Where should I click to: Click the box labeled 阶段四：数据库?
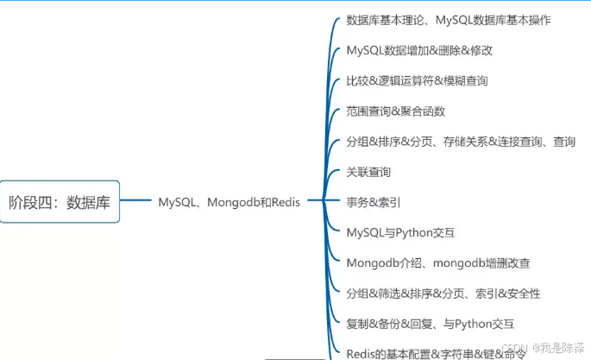pyautogui.click(x=60, y=203)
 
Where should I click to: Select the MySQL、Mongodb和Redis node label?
pyautogui.click(x=229, y=203)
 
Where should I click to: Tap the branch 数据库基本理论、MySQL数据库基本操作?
pyautogui.click(x=448, y=19)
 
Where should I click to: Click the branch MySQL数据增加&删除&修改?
pyautogui.click(x=419, y=50)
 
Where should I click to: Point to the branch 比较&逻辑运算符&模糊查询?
pyautogui.click(x=417, y=80)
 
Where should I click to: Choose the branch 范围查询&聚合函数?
pyautogui.click(x=395, y=111)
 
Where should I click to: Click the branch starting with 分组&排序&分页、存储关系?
pyautogui.click(x=460, y=142)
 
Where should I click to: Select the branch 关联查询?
pyautogui.click(x=368, y=172)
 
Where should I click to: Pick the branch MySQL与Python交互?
pyautogui.click(x=400, y=233)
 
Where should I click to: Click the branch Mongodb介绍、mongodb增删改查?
pyautogui.click(x=437, y=263)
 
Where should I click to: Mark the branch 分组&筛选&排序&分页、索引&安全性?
pyautogui.click(x=443, y=294)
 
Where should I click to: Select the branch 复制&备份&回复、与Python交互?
pyautogui.click(x=430, y=324)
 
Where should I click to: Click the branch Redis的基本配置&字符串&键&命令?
pyautogui.click(x=436, y=353)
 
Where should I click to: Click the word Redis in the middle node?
pyautogui.click(x=283, y=203)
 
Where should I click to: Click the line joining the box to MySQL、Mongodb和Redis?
pyautogui.click(x=136, y=203)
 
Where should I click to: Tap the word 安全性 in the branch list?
pyautogui.click(x=524, y=294)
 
